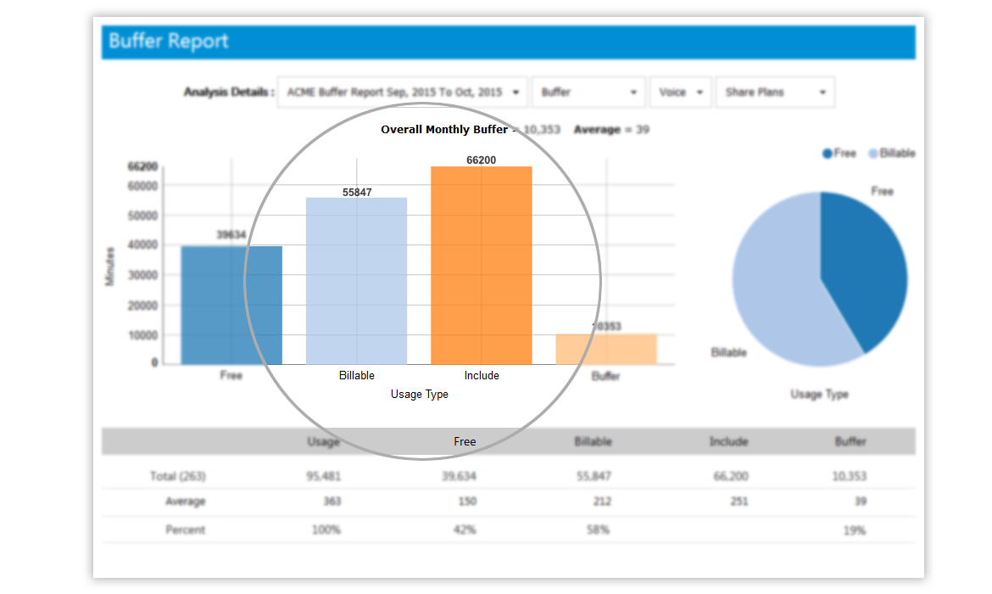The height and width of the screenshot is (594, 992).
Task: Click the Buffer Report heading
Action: coord(169,42)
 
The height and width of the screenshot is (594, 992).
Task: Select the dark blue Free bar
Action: coord(231,305)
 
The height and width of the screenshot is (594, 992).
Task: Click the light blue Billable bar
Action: coord(356,281)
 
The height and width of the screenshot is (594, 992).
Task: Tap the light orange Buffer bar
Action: coord(606,349)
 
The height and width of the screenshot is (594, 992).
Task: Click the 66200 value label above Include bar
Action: coord(482,160)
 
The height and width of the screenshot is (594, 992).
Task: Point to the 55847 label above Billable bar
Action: coord(357,192)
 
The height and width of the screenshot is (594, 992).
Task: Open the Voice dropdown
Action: coord(681,92)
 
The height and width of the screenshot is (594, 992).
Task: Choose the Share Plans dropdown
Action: coord(775,92)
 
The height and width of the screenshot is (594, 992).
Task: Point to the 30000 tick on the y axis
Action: coord(143,275)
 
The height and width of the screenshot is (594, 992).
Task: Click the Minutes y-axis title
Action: coord(109,266)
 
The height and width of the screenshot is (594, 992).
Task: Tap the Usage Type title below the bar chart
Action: coord(419,395)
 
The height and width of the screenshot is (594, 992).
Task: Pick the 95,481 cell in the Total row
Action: coord(323,476)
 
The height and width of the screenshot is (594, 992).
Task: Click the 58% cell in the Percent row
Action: coord(599,530)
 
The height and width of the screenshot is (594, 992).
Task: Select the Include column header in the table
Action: coord(728,441)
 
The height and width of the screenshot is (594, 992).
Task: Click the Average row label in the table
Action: coord(185,502)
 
